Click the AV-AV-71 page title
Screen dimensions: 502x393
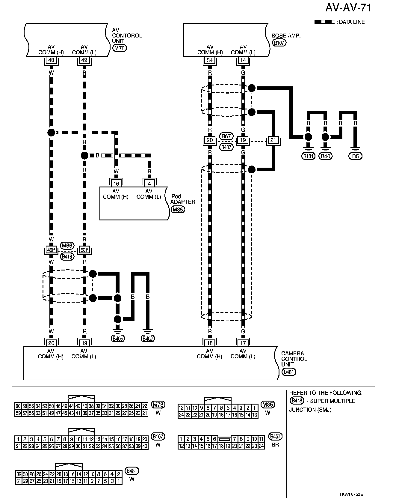(348, 8)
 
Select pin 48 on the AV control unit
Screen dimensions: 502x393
(51, 60)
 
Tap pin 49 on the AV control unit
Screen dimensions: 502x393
(84, 60)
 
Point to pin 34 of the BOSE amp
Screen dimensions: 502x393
(210, 60)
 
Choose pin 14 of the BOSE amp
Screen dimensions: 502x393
(243, 60)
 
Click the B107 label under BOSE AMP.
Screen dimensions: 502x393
(279, 43)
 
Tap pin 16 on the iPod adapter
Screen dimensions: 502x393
(116, 184)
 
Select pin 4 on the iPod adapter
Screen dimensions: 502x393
(149, 184)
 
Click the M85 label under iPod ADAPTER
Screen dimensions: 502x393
(178, 210)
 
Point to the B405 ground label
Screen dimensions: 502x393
(118, 339)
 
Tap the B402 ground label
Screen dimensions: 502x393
(148, 339)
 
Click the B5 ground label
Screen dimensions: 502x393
(356, 156)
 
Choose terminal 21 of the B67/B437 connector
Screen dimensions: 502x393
(273, 140)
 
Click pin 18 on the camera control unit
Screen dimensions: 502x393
(210, 343)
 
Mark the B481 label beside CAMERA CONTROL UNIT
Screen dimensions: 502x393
(289, 372)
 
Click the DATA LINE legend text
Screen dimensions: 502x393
(352, 22)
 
